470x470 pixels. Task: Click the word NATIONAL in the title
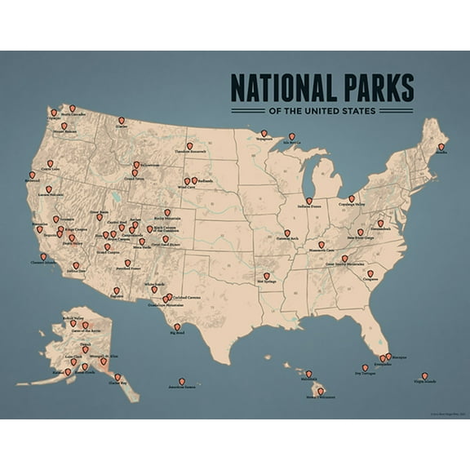(284, 88)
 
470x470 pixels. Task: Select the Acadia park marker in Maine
(441, 147)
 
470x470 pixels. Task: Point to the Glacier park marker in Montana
(122, 120)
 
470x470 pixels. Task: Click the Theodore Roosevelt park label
(190, 151)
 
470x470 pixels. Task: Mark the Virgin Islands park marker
(425, 375)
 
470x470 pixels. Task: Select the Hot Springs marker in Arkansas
(266, 276)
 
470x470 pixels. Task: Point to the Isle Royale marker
(292, 136)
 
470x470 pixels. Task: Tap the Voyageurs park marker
(264, 133)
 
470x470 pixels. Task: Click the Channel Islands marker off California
(43, 255)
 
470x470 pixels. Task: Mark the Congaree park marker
(370, 273)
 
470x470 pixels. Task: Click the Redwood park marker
(33, 175)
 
